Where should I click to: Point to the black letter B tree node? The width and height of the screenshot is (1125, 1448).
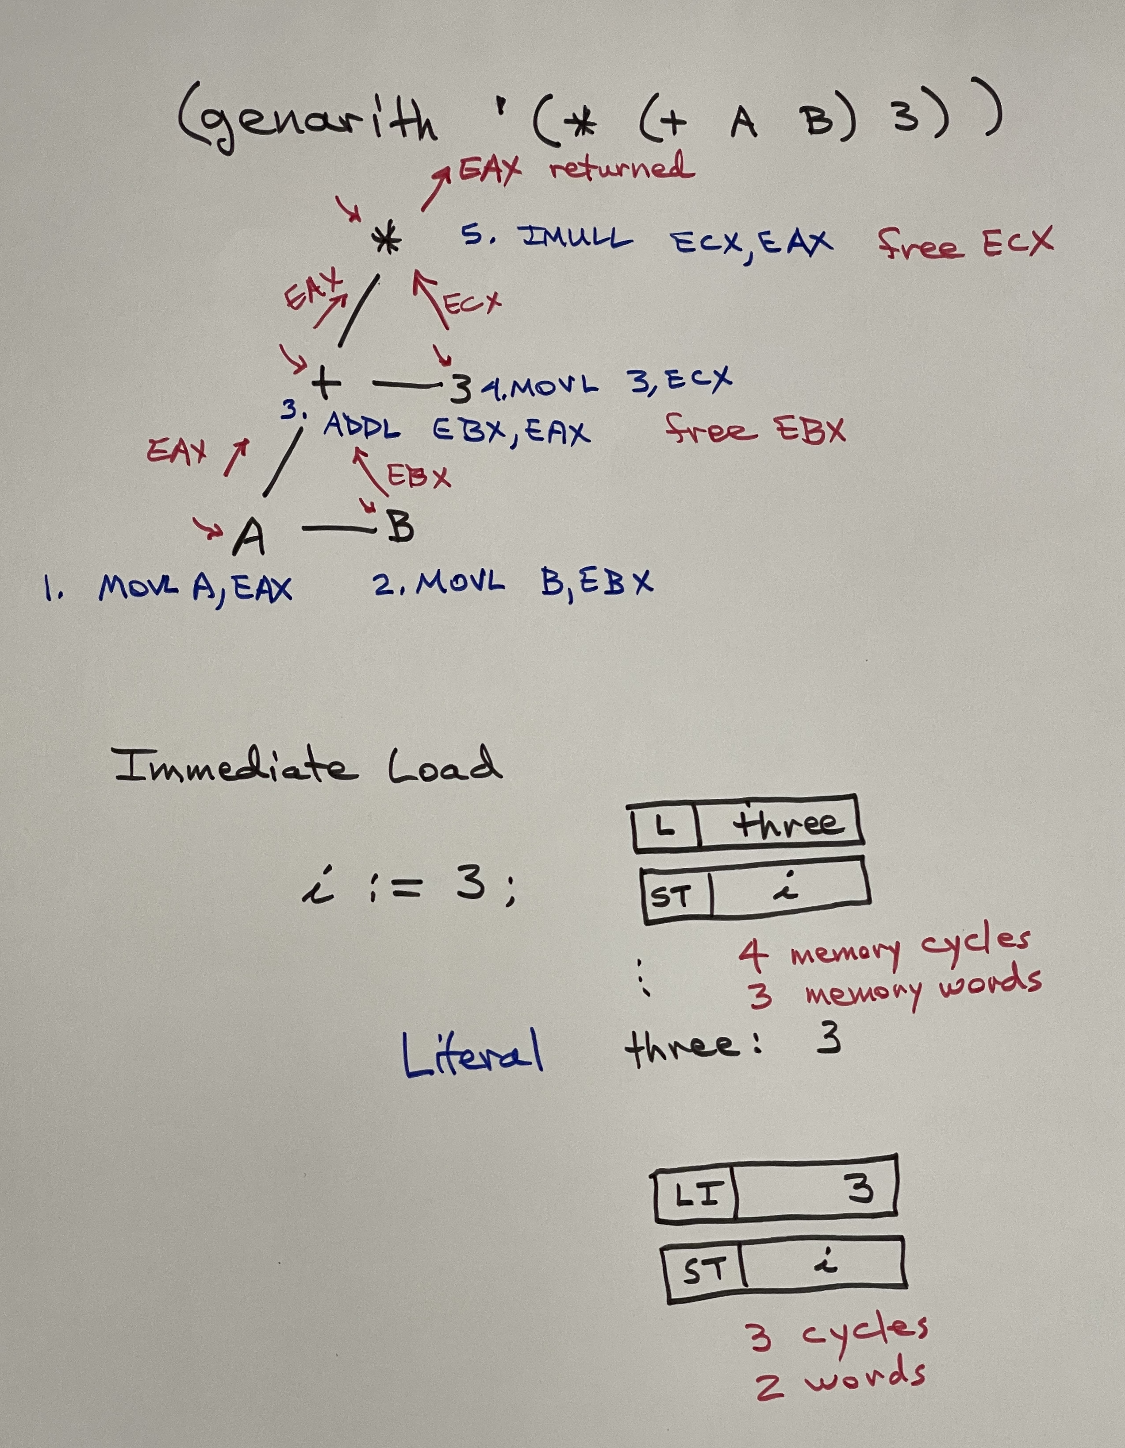pyautogui.click(x=400, y=527)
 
